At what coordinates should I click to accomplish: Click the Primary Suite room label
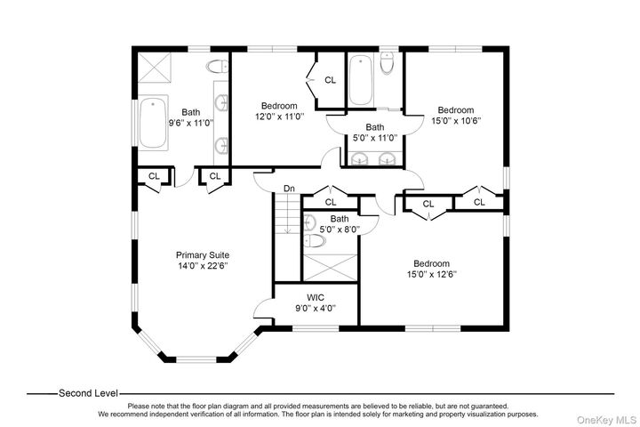click(203, 254)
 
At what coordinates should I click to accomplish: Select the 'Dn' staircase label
click(289, 189)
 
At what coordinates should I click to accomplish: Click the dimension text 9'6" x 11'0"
click(191, 124)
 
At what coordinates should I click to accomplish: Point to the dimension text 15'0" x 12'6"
click(431, 275)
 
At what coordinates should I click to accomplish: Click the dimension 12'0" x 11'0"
click(279, 117)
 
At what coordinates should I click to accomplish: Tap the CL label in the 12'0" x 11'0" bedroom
click(330, 80)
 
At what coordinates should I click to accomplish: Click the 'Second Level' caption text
click(88, 392)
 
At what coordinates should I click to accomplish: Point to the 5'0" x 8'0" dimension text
click(339, 230)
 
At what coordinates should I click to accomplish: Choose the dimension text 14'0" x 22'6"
click(203, 265)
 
